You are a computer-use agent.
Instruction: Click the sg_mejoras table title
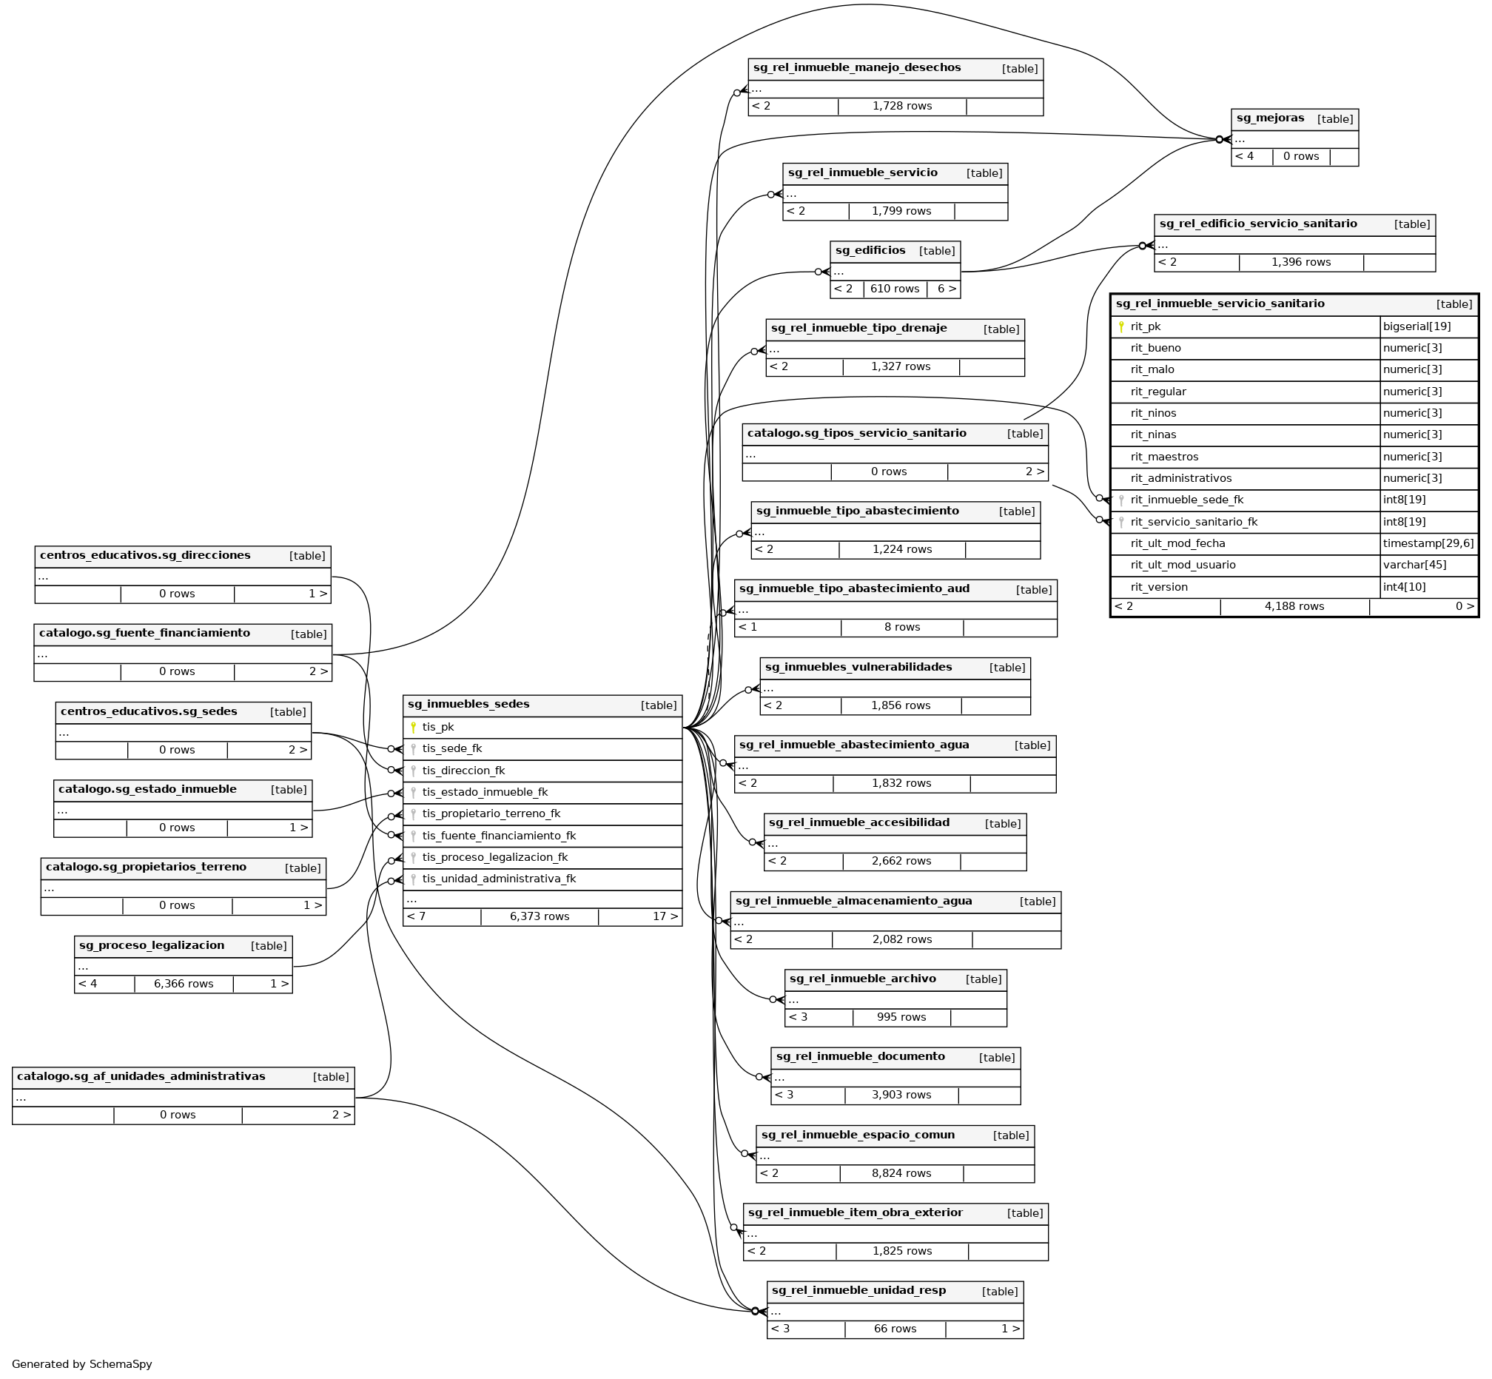1270,118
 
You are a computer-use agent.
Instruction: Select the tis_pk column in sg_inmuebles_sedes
438,728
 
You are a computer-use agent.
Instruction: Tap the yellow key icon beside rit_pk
1120,327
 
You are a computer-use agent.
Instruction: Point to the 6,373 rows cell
540,916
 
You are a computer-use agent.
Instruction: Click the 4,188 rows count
1294,607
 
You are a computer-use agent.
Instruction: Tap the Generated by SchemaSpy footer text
82,1364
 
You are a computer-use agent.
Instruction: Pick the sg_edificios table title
870,251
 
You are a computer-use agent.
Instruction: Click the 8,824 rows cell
901,1173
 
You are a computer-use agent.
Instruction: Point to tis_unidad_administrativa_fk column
499,879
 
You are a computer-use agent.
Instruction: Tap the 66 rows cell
895,1329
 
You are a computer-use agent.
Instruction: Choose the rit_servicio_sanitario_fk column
1194,523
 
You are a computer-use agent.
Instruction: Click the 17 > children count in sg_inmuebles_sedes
665,916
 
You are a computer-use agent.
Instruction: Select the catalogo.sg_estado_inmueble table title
147,790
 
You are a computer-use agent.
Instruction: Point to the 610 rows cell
895,289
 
